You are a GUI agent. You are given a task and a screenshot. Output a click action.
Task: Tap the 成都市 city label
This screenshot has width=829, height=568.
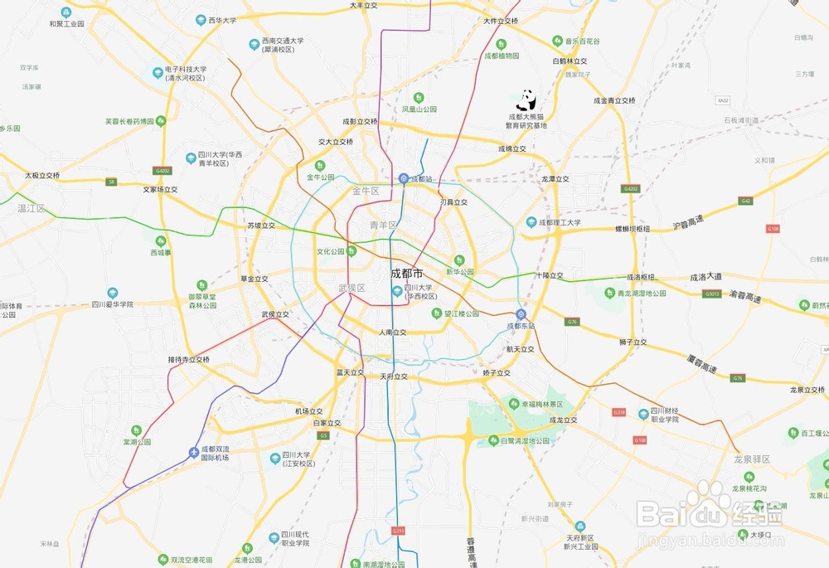click(406, 273)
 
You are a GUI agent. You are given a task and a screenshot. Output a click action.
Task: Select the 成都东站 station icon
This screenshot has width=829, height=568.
click(521, 313)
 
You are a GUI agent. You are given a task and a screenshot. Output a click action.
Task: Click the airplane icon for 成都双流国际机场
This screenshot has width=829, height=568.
click(194, 452)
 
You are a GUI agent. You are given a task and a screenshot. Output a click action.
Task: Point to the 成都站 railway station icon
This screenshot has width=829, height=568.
click(404, 178)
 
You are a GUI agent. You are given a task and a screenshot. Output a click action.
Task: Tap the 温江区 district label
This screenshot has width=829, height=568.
click(32, 208)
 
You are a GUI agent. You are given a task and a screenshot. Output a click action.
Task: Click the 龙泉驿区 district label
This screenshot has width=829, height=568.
click(752, 459)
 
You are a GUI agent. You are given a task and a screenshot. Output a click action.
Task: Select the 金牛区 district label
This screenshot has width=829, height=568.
click(366, 192)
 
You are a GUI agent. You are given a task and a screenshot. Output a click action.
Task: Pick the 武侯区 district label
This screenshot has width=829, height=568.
click(351, 288)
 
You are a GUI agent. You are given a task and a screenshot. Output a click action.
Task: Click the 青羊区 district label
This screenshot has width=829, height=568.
click(384, 226)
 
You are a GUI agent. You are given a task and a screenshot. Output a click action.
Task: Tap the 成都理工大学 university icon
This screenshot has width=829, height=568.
click(531, 222)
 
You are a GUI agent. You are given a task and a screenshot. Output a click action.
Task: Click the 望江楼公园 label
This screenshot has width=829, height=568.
click(461, 314)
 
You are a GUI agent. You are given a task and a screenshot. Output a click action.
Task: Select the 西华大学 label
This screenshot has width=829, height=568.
click(222, 19)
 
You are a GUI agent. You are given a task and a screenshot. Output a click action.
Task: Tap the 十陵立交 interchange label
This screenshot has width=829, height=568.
click(549, 275)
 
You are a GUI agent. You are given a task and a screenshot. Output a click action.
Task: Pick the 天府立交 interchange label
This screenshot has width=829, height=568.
click(394, 376)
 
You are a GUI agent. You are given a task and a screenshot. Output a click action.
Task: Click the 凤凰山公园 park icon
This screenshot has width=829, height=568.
click(419, 97)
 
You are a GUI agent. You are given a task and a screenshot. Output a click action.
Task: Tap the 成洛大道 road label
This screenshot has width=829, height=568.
click(706, 278)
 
